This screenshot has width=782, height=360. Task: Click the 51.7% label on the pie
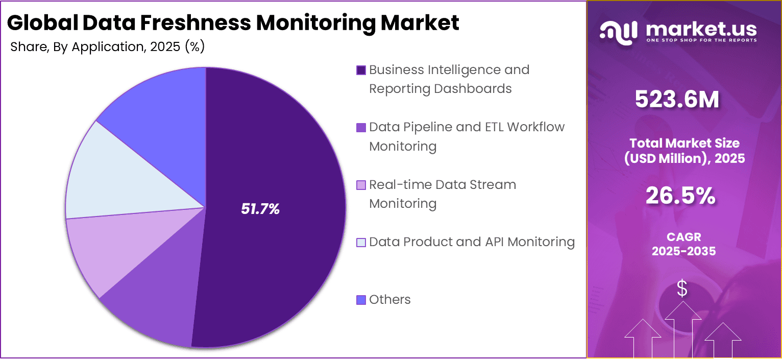(260, 209)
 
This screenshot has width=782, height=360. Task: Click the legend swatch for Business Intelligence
(361, 70)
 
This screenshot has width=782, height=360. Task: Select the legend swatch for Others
(361, 300)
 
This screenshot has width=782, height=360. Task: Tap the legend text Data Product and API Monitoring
(472, 242)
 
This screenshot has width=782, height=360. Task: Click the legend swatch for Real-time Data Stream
(361, 185)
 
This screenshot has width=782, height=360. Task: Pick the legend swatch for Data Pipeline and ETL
(361, 128)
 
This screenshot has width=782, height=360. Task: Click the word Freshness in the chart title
(194, 23)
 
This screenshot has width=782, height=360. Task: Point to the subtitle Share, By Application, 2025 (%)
(107, 47)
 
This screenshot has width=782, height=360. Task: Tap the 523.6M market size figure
(677, 100)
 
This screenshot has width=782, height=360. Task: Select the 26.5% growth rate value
(681, 196)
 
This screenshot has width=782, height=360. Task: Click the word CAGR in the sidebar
(683, 237)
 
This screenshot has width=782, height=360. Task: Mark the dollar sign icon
(682, 290)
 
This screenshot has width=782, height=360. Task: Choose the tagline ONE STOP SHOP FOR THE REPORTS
(701, 40)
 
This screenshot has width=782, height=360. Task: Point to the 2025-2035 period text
(683, 251)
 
